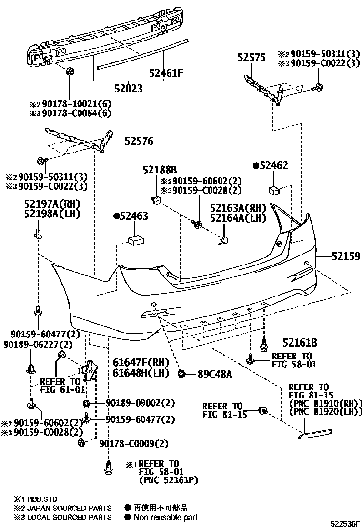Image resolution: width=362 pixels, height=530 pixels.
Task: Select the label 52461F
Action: pyautogui.click(x=166, y=73)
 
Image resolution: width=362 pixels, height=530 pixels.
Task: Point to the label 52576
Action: pyautogui.click(x=139, y=141)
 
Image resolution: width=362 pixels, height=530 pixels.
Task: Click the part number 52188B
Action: pyautogui.click(x=160, y=170)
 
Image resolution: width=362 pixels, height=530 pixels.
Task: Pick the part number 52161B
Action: pyautogui.click(x=299, y=342)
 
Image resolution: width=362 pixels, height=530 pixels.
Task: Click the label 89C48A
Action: pyautogui.click(x=215, y=374)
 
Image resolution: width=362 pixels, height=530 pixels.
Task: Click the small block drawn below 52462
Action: pyautogui.click(x=274, y=190)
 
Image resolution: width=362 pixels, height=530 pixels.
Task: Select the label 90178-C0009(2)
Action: pyautogui.click(x=134, y=444)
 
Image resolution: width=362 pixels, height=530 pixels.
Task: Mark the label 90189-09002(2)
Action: pyautogui.click(x=133, y=403)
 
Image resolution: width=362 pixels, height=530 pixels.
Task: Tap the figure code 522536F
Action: pyautogui.click(x=346, y=524)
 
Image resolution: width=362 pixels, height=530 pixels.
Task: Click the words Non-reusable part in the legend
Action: pyautogui.click(x=165, y=517)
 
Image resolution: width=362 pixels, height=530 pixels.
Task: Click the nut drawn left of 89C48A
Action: pyautogui.click(x=181, y=374)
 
